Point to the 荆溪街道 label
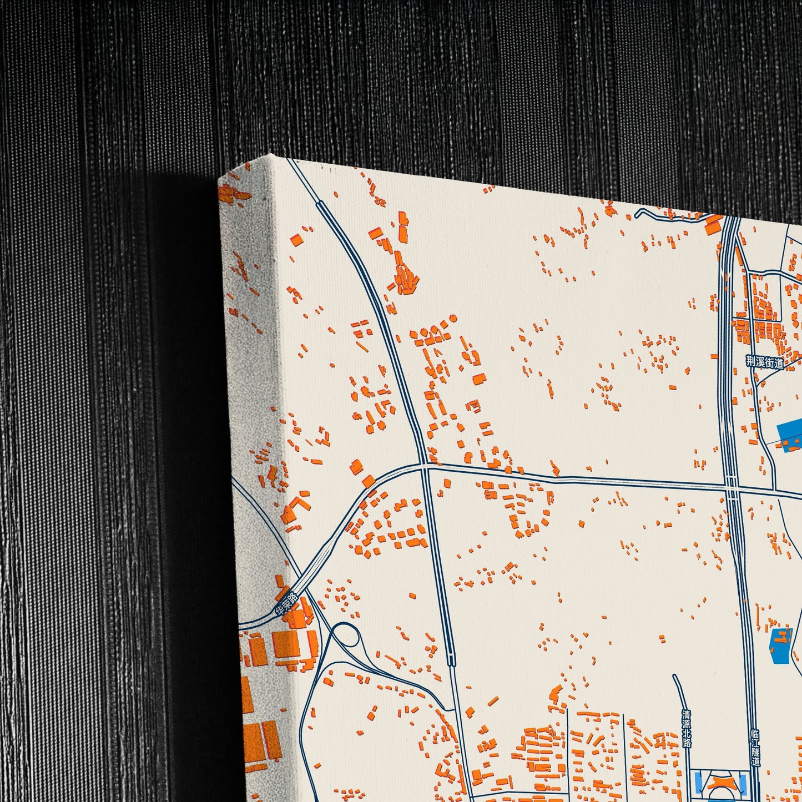pos(764,362)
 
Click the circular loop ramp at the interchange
pos(345,635)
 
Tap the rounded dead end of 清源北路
pos(675,677)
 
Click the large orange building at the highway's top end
pos(712,227)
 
